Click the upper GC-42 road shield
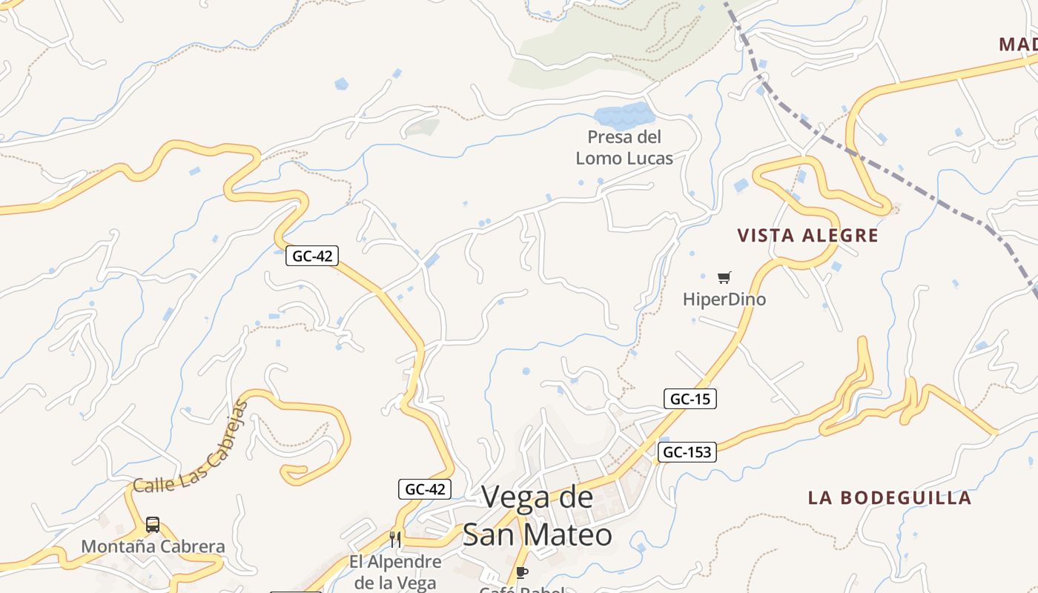point(312,256)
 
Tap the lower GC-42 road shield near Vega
point(425,489)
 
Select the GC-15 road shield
point(690,399)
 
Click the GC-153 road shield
point(687,451)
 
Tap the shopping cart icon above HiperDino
point(724,278)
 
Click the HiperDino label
point(724,299)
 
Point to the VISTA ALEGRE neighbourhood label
point(807,236)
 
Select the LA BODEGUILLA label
point(889,497)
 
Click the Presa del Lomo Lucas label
point(624,148)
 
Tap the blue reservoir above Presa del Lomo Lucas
point(624,116)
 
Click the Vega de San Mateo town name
point(538,516)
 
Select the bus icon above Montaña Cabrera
point(153,525)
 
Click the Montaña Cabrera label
point(153,547)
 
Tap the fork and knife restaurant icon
point(395,539)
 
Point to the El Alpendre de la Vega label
point(395,572)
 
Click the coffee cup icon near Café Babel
point(522,572)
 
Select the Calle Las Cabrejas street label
point(191,451)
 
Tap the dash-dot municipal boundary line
point(890,174)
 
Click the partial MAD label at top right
point(1017,44)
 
